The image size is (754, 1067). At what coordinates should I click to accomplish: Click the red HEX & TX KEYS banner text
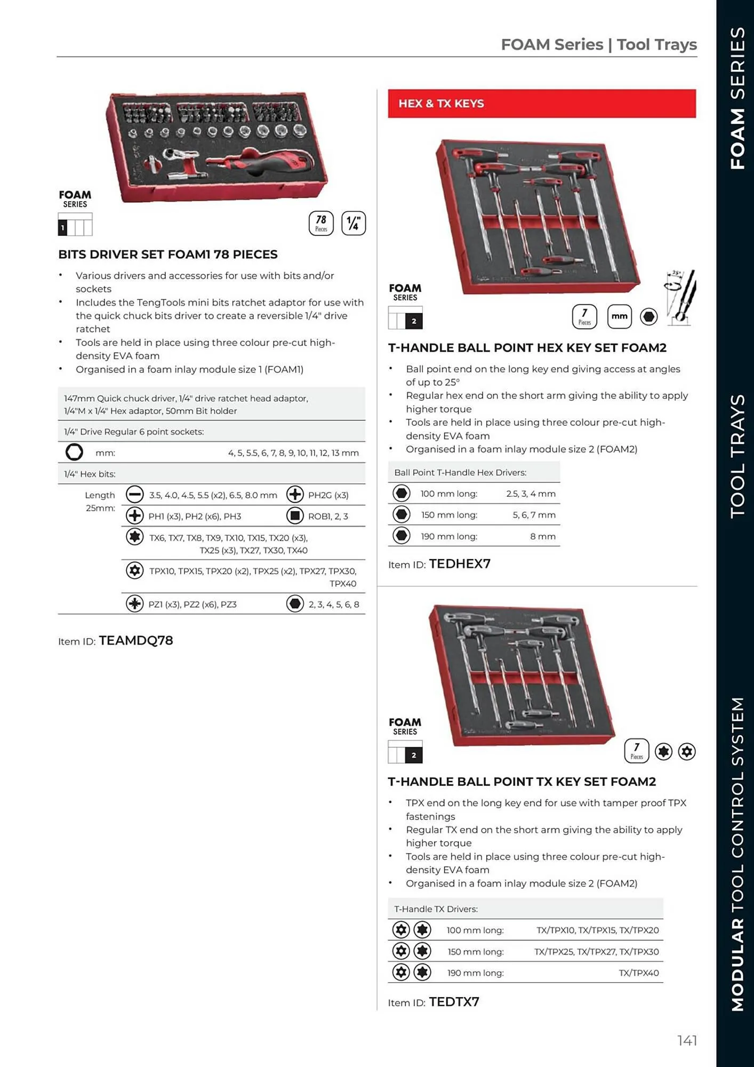[441, 103]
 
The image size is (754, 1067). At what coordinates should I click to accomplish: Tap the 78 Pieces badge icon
[321, 223]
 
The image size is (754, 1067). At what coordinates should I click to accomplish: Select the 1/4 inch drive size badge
[353, 223]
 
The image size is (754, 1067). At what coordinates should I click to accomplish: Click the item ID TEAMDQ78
[135, 640]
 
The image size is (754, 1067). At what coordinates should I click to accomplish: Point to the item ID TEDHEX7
[459, 564]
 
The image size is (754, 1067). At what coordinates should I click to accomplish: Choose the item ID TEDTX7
[454, 1001]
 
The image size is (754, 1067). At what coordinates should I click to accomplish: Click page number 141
[687, 1040]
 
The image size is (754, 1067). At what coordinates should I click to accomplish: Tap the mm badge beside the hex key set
[619, 316]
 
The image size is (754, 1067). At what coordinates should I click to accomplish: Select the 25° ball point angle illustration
[680, 298]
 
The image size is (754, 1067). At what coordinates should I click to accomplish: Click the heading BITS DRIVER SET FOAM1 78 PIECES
[168, 254]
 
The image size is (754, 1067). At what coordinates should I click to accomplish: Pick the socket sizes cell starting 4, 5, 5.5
[293, 453]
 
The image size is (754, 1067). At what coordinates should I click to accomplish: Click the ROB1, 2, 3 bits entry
[327, 516]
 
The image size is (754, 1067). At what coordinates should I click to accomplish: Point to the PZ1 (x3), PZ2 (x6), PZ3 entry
[192, 604]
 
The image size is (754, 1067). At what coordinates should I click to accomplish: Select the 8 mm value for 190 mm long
[542, 536]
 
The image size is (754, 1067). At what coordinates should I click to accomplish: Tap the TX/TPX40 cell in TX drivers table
[638, 973]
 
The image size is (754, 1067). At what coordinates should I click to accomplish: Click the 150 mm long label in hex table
[449, 515]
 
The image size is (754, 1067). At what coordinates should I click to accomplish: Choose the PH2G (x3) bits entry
[328, 495]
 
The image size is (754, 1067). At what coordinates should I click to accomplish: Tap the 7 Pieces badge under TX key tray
[636, 751]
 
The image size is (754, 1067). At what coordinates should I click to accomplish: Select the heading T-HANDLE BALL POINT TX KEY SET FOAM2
[522, 782]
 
